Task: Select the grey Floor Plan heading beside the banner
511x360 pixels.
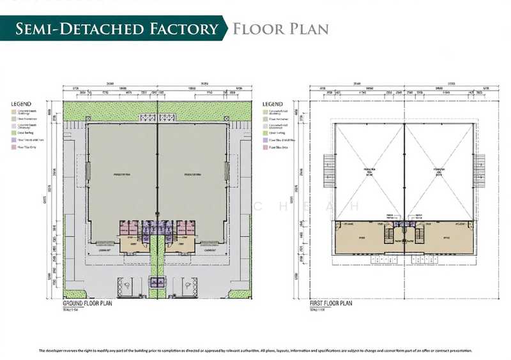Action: (x=280, y=29)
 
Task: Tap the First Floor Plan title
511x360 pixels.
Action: (x=331, y=304)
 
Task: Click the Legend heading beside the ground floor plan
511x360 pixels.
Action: (x=20, y=103)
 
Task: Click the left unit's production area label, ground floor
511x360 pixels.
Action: (x=120, y=173)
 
